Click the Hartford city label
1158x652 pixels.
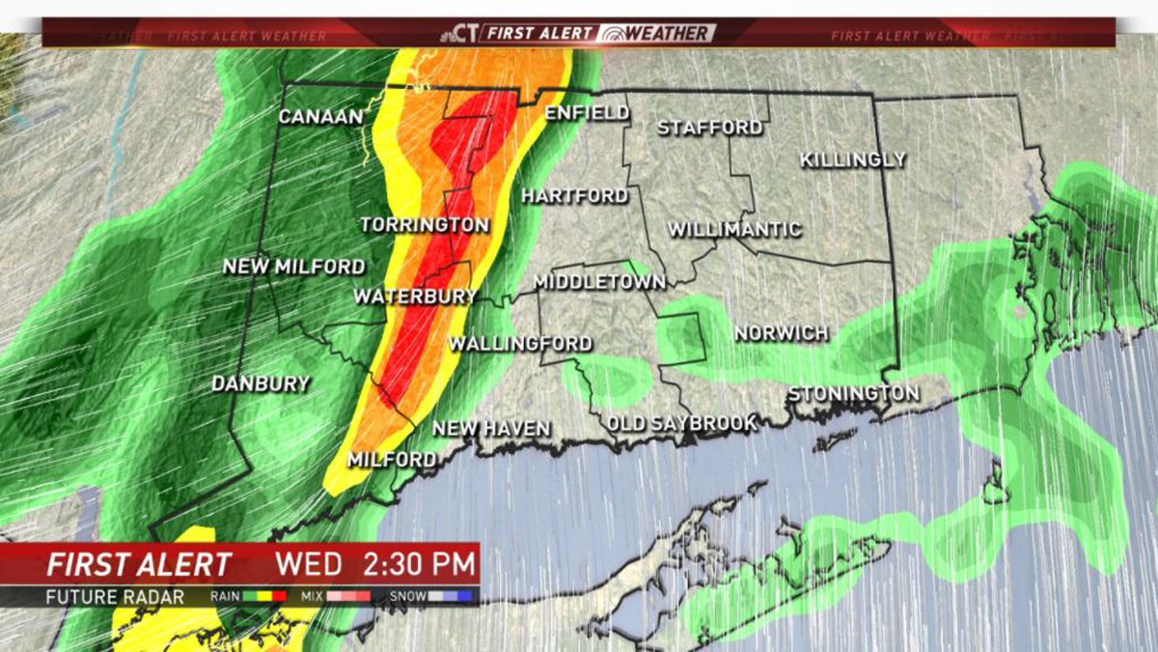tap(575, 196)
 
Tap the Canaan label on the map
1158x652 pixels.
tap(320, 117)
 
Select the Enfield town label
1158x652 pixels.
tap(587, 113)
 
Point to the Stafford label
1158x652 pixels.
tap(709, 128)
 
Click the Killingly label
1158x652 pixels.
tap(852, 159)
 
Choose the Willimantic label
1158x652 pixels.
tap(734, 230)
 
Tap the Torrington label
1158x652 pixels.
tap(425, 225)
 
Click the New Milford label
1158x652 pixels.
tap(294, 267)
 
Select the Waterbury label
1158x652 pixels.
tap(415, 297)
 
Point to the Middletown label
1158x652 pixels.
tap(599, 282)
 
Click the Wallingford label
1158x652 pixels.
tap(520, 344)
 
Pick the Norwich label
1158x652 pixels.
tap(781, 333)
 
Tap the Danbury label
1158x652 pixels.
tap(261, 383)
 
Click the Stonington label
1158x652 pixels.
tap(853, 394)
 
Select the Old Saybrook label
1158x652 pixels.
tap(681, 424)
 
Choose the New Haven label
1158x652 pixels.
tap(491, 428)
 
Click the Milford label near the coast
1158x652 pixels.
tap(392, 460)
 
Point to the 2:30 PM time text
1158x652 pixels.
tap(419, 563)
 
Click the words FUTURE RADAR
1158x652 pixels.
tap(115, 597)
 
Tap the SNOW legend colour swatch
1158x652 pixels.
tap(451, 597)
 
